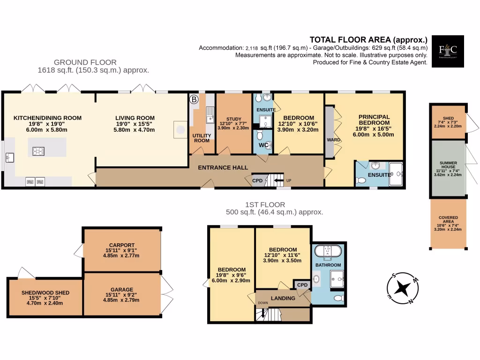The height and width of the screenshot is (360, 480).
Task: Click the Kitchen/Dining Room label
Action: click(x=47, y=118)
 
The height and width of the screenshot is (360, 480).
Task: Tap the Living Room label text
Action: click(x=135, y=118)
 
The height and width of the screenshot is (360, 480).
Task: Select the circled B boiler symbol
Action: click(x=193, y=99)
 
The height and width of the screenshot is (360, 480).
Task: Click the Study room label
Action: click(x=233, y=119)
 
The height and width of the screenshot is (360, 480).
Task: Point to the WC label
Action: click(x=263, y=145)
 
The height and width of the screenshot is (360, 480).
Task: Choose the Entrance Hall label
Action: click(x=223, y=167)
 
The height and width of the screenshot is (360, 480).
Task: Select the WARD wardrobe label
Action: click(x=333, y=140)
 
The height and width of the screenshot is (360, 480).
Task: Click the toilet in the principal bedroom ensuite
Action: click(x=361, y=180)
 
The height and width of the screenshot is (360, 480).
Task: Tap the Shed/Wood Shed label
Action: click(x=45, y=292)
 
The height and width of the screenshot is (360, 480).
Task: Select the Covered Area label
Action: click(x=448, y=218)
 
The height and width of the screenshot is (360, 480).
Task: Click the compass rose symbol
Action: click(x=403, y=288)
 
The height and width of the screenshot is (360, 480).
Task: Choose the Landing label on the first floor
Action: click(x=283, y=298)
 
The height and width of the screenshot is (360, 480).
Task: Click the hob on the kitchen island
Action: click(x=38, y=151)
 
